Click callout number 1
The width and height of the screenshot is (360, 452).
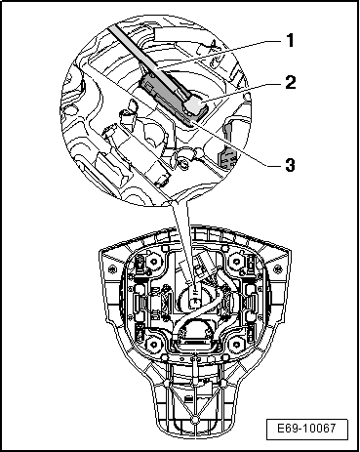pyautogui.click(x=290, y=40)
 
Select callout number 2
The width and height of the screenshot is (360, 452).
pyautogui.click(x=291, y=82)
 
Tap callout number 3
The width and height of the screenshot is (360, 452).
pyautogui.click(x=290, y=165)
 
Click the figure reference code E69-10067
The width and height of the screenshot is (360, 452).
pyautogui.click(x=306, y=428)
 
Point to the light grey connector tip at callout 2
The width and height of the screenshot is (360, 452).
pyautogui.click(x=196, y=105)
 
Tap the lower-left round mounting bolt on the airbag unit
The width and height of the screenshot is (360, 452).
pyautogui.click(x=152, y=344)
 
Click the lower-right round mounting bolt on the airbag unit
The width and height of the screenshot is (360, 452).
pyautogui.click(x=237, y=344)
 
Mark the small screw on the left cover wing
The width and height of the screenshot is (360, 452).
pyautogui.click(x=112, y=269)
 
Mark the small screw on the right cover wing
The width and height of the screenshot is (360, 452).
pyautogui.click(x=277, y=269)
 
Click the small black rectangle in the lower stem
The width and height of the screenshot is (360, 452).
pyautogui.click(x=188, y=398)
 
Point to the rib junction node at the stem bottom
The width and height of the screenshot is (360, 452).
pyautogui.click(x=194, y=421)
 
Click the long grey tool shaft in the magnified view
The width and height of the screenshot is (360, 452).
pyautogui.click(x=148, y=61)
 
